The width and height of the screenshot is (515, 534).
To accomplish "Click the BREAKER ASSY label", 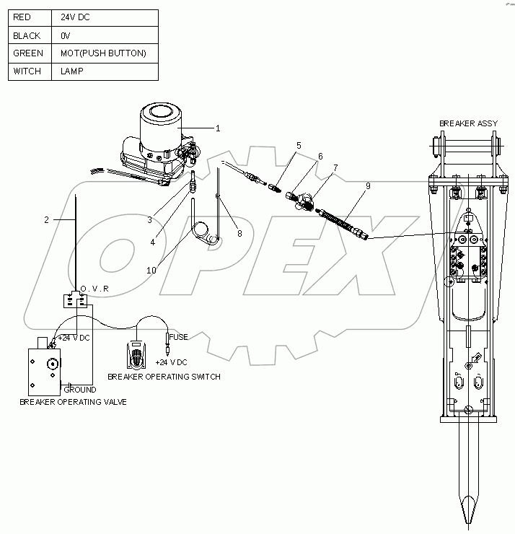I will (x=468, y=123).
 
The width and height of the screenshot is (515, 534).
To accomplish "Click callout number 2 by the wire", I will (x=46, y=220).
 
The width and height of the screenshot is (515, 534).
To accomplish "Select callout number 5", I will (x=299, y=145).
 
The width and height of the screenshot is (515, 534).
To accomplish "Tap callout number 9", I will (x=368, y=185).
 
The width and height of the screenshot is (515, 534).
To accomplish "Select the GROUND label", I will (x=80, y=389).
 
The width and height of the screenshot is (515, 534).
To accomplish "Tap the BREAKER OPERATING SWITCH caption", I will (x=164, y=377).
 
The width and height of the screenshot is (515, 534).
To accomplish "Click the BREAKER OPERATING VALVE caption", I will (x=73, y=401).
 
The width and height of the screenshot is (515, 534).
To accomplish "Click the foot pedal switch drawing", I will (x=136, y=354).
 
